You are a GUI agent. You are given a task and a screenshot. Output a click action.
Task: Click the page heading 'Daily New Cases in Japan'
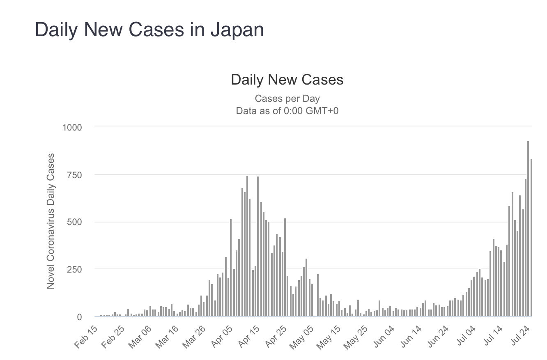[x=149, y=30]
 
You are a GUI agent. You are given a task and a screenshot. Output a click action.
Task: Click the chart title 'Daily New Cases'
[x=287, y=80]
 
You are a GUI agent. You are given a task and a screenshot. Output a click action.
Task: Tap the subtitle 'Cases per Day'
[x=287, y=99]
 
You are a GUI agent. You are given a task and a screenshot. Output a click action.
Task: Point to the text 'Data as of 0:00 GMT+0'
[x=287, y=110]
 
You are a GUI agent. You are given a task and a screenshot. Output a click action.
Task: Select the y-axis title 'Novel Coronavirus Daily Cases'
[x=51, y=221]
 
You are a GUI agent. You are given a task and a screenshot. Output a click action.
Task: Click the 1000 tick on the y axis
[x=72, y=127]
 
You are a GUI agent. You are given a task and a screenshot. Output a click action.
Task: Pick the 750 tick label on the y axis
[x=74, y=175]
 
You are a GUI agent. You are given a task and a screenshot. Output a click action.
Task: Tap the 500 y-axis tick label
[x=74, y=222]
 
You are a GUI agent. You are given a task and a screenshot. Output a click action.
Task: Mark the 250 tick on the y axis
[x=74, y=269]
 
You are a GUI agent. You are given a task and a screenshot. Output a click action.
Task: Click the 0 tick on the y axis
[x=79, y=317]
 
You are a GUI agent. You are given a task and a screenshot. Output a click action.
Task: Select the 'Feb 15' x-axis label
[x=87, y=337]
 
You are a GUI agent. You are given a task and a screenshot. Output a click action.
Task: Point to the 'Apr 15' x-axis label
[x=250, y=337]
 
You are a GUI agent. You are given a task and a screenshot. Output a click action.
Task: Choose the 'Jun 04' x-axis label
[x=384, y=337]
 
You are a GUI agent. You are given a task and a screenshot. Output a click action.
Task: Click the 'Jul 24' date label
[x=520, y=337]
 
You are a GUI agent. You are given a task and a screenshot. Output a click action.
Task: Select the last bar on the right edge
[x=531, y=238]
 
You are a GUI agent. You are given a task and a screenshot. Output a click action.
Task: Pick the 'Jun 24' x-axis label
[x=439, y=337]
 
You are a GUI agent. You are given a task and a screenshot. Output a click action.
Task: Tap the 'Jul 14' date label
[x=493, y=337]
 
